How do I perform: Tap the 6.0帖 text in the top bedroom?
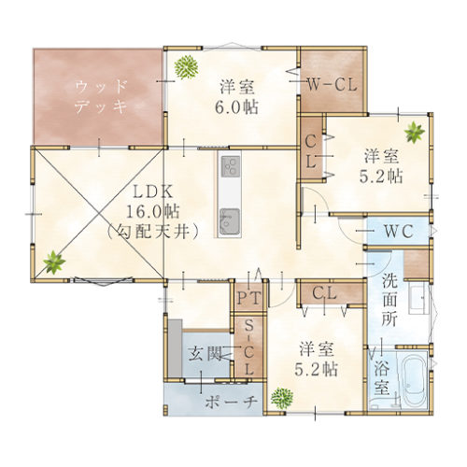pyautogui.click(x=239, y=106)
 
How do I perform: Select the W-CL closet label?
pyautogui.click(x=332, y=84)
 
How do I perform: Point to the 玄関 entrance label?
pyautogui.click(x=206, y=354)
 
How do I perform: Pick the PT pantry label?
pyautogui.click(x=249, y=298)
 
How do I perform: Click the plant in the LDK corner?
pyautogui.click(x=53, y=262)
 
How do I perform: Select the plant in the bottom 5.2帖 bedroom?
pyautogui.click(x=279, y=398)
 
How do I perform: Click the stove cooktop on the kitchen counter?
pyautogui.click(x=231, y=168)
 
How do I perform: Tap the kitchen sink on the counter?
pyautogui.click(x=231, y=220)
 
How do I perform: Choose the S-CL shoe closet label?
pyautogui.click(x=249, y=347)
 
